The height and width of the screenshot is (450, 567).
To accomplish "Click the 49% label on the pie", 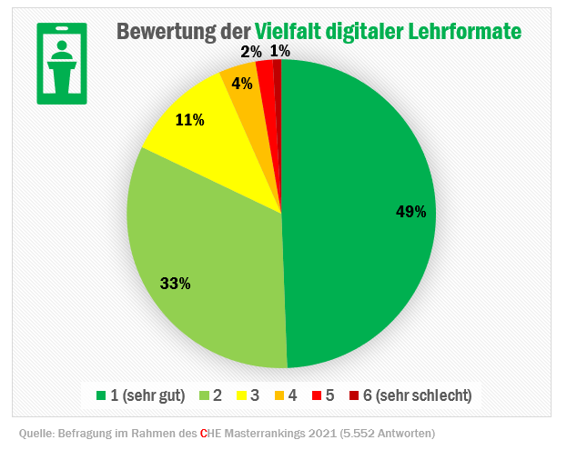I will [410, 212].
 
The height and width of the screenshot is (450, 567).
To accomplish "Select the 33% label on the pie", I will [175, 284].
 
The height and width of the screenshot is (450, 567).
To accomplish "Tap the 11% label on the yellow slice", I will [189, 120].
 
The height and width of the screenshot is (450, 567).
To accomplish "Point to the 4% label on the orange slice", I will [242, 84].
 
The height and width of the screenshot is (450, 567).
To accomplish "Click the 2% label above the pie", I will [251, 52].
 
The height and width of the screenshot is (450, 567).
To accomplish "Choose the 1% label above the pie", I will [280, 52].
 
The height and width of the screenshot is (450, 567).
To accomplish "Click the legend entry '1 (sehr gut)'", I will [140, 395].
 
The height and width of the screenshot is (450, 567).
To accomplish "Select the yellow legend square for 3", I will [242, 395].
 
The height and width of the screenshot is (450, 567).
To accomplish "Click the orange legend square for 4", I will [279, 395].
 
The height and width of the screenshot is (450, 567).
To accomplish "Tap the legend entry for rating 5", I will [323, 395].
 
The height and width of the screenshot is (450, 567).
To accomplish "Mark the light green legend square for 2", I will [205, 395].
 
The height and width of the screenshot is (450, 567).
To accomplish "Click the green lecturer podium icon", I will [62, 64].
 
